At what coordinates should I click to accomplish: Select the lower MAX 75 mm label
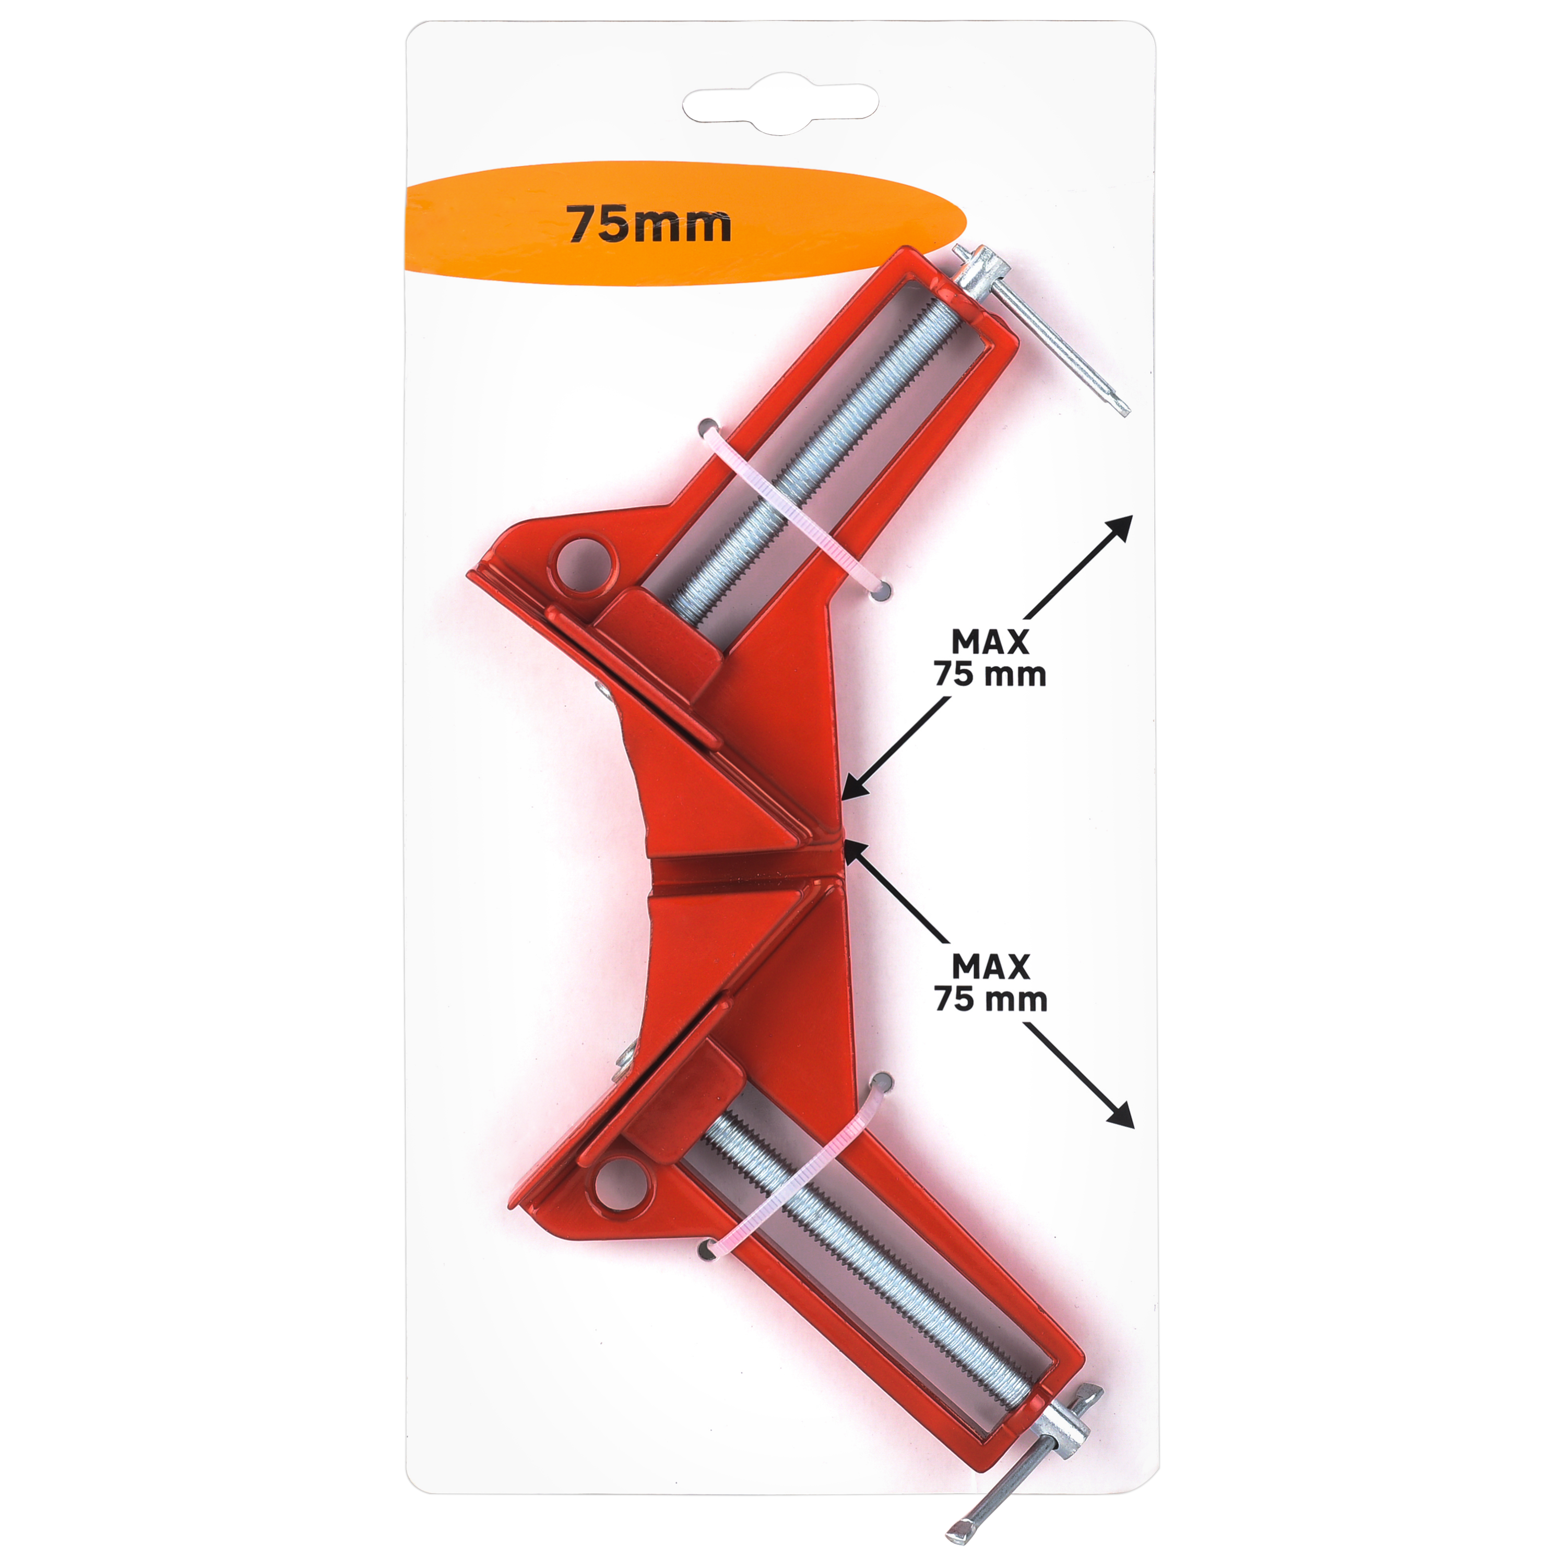991,982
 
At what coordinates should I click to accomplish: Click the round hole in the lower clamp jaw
623,1186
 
